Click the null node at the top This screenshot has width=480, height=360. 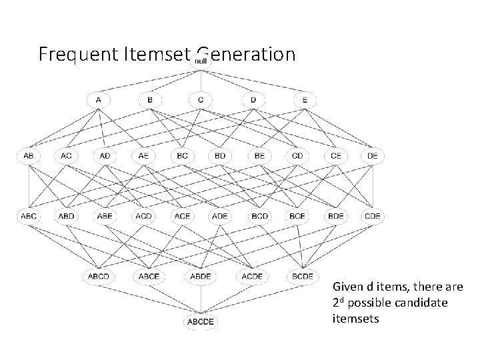pyautogui.click(x=201, y=62)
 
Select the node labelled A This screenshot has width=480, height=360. pyautogui.click(x=99, y=100)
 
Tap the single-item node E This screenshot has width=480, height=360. pyautogui.click(x=304, y=100)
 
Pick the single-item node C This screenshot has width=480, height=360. pyautogui.click(x=201, y=100)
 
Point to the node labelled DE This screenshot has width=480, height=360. pyautogui.click(x=373, y=156)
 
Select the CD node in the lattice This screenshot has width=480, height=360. pyautogui.click(x=297, y=156)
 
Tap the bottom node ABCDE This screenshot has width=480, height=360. pyautogui.click(x=201, y=322)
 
